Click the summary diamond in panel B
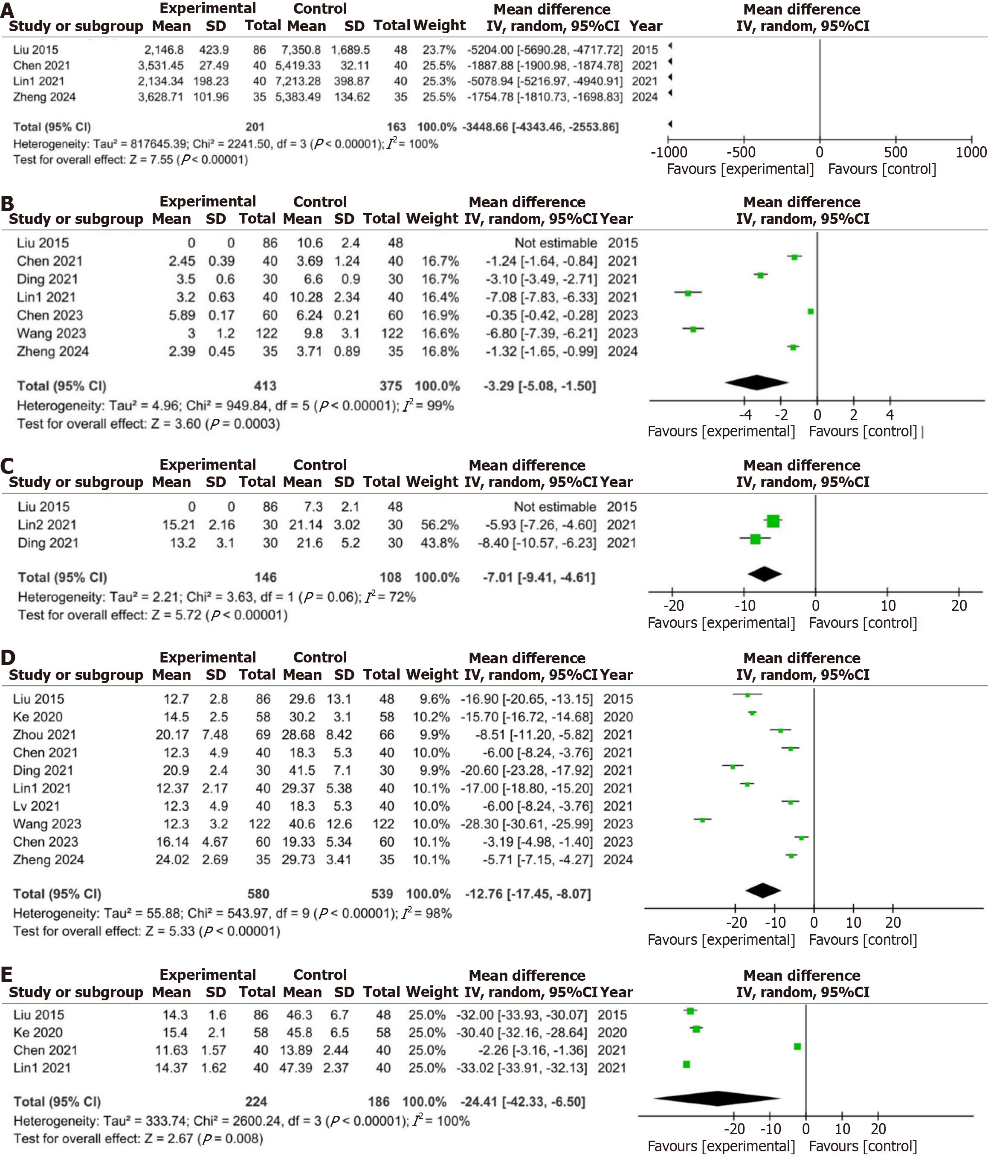coord(756,383)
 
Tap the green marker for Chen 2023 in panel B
coord(810,311)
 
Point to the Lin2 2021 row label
coord(47,525)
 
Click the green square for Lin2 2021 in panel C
coord(773,521)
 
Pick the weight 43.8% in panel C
coord(440,543)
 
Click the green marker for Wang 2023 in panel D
coord(702,819)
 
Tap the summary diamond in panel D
coord(763,891)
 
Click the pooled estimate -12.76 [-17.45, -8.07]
coord(528,894)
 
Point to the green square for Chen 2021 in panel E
coord(797,1046)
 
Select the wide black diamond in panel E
coord(717,1098)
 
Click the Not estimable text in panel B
coord(556,243)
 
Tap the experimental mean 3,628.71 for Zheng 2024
coord(160,97)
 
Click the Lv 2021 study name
coord(36,806)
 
